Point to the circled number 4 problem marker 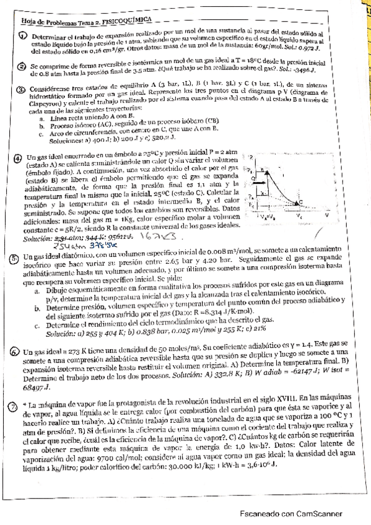point(17,157)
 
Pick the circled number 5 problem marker point(15,257)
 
